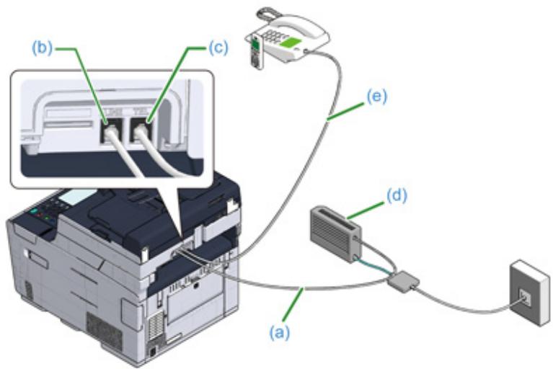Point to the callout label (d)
(395, 195)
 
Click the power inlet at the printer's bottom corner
(154, 352)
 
